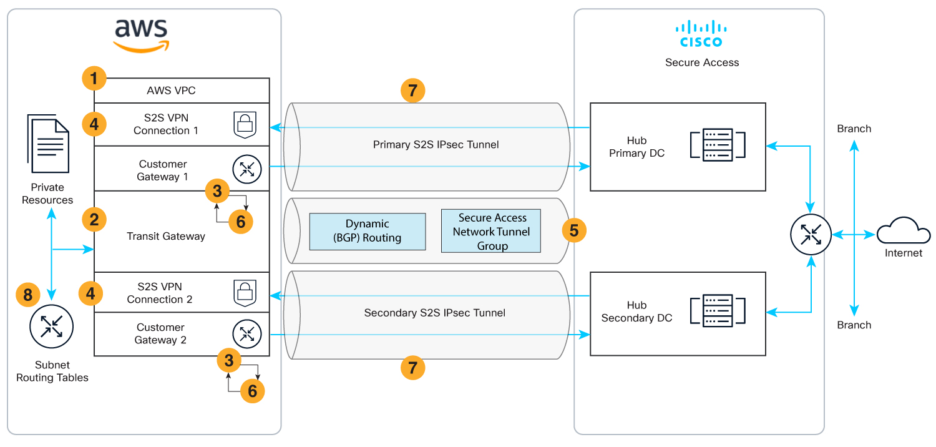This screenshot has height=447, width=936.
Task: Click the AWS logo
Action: [x=141, y=35]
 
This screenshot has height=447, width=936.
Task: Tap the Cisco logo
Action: [x=701, y=34]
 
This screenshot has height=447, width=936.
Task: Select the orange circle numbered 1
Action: [x=94, y=79]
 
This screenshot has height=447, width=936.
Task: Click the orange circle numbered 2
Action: [x=94, y=220]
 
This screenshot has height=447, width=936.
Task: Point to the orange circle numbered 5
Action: [x=574, y=230]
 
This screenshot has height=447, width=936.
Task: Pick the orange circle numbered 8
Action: [x=28, y=295]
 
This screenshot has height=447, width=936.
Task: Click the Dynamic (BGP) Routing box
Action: [x=368, y=230]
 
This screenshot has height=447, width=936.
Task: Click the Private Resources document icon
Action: [x=48, y=145]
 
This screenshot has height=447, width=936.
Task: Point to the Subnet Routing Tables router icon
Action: [x=52, y=326]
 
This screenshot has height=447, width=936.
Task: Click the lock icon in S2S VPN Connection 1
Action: [x=245, y=124]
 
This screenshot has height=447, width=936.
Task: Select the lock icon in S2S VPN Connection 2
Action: [x=245, y=293]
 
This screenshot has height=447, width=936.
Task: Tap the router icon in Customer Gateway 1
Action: [x=244, y=169]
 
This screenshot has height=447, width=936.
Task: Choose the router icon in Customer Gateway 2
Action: [x=244, y=333]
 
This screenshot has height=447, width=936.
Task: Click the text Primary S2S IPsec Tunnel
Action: [x=436, y=145]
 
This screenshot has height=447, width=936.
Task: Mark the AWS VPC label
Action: [x=171, y=91]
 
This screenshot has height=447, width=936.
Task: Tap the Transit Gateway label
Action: [x=166, y=236]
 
